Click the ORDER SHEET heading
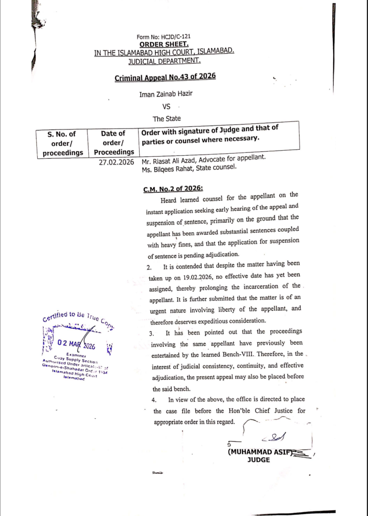click(163, 44)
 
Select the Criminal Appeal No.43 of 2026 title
click(165, 77)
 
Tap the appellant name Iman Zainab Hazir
click(166, 94)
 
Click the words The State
click(166, 119)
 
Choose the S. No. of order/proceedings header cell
click(62, 143)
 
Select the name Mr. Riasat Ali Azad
click(172, 162)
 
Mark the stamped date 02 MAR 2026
click(76, 345)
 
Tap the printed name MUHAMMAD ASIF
click(260, 452)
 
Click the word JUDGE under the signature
click(259, 460)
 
